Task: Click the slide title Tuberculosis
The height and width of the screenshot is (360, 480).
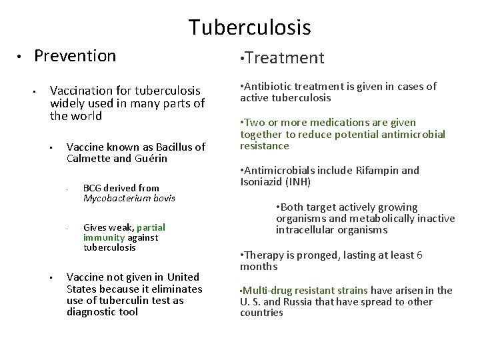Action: [249, 27]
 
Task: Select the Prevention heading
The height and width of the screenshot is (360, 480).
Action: [75, 56]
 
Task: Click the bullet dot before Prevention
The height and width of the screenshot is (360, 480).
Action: [21, 56]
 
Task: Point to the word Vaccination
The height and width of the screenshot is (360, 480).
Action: [80, 90]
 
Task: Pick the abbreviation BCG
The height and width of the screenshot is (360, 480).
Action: [93, 188]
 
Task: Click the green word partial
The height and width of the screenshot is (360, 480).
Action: [151, 227]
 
